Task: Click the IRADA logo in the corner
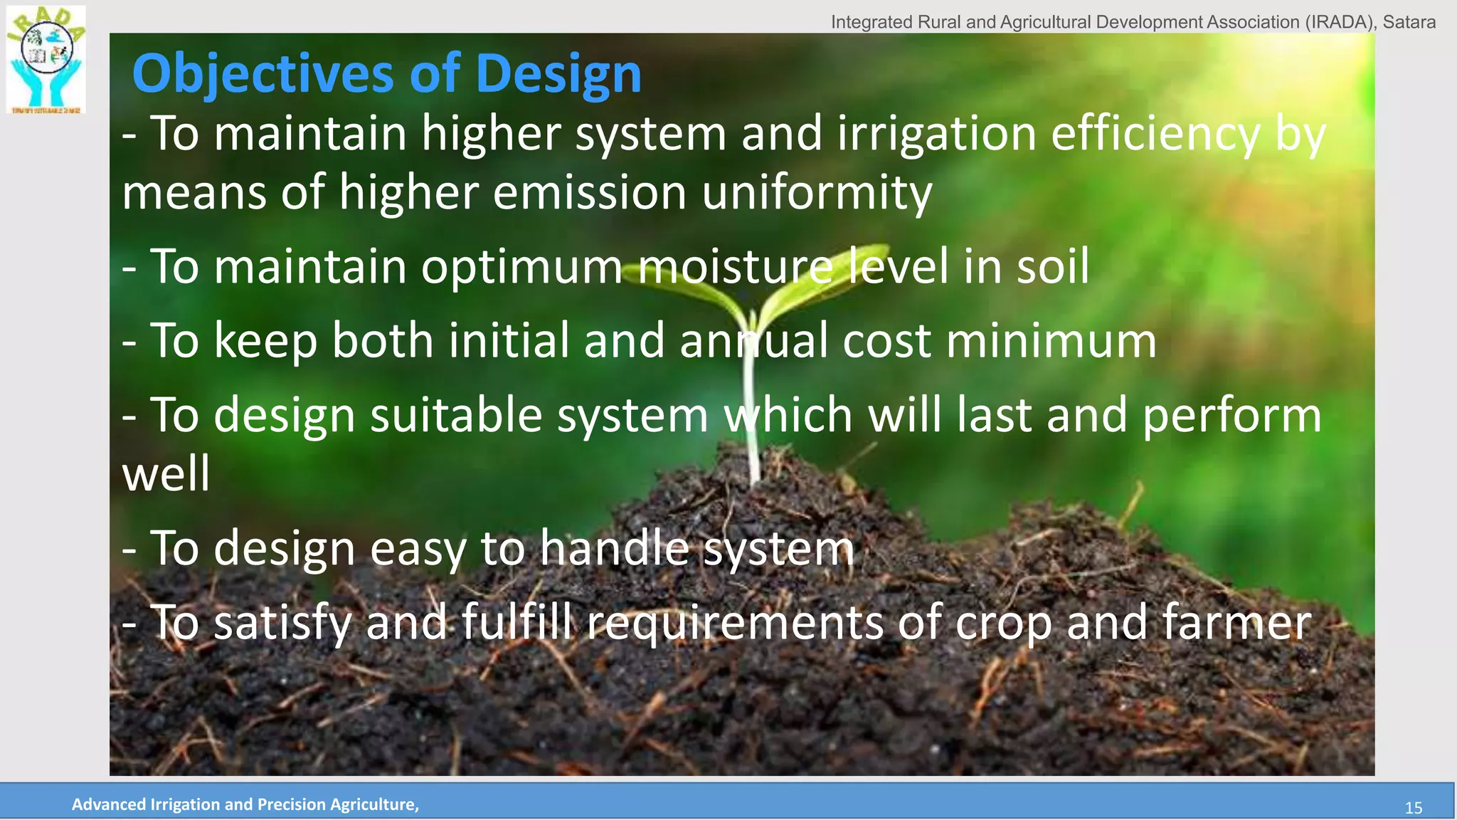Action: [x=46, y=60]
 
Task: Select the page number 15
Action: [x=1413, y=808]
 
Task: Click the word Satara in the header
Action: [x=1409, y=22]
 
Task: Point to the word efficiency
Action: [x=1155, y=134]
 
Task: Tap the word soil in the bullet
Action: [x=1053, y=267]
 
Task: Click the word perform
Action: [x=1231, y=416]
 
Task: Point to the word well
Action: [x=166, y=474]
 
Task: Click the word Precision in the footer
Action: [x=290, y=804]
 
